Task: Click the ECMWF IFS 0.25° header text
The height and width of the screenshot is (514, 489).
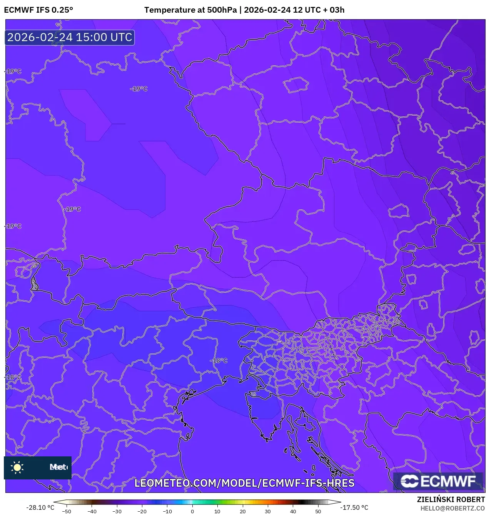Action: click(38, 10)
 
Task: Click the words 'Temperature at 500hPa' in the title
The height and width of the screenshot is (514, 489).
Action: click(190, 10)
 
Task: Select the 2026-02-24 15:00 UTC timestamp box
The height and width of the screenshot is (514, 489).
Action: click(70, 37)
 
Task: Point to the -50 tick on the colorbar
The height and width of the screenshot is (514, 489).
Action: click(67, 511)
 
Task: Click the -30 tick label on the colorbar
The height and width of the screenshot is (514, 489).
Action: click(117, 511)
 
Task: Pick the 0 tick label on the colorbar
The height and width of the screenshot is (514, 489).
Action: click(192, 511)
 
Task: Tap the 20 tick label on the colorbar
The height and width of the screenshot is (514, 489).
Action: click(242, 511)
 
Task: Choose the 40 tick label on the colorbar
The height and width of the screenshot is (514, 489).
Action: click(293, 511)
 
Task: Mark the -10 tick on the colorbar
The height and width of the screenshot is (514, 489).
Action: click(167, 511)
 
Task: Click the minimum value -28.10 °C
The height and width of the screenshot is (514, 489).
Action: click(40, 507)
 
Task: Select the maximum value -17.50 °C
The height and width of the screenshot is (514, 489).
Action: click(354, 507)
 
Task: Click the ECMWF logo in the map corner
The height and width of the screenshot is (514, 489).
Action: click(438, 481)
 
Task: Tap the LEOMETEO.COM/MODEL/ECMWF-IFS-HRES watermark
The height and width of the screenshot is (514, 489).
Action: click(244, 483)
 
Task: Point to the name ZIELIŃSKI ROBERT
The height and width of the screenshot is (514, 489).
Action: click(451, 499)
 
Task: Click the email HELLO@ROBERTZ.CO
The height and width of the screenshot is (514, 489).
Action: click(452, 508)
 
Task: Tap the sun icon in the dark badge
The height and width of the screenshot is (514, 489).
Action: click(17, 467)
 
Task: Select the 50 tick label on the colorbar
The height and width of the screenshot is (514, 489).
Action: click(318, 511)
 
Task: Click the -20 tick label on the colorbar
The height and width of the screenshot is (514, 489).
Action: click(142, 511)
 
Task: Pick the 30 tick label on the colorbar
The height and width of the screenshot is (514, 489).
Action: click(268, 511)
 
